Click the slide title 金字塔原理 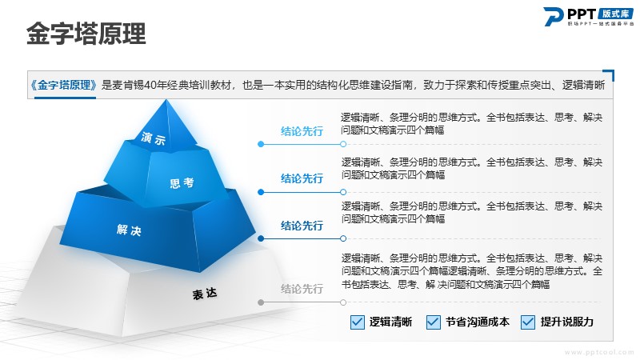pyautogui.click(x=86, y=33)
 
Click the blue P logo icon pyautogui.click(x=554, y=16)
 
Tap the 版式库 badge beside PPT pyautogui.click(x=615, y=14)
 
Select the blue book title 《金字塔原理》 pyautogui.click(x=64, y=85)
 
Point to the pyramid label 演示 pyautogui.click(x=154, y=138)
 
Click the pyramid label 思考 pyautogui.click(x=182, y=183)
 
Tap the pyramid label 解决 pyautogui.click(x=129, y=230)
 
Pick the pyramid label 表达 pyautogui.click(x=205, y=294)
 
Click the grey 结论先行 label pyautogui.click(x=302, y=289)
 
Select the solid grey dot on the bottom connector pyautogui.click(x=261, y=302)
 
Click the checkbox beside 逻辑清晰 pyautogui.click(x=357, y=322)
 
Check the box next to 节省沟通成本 pyautogui.click(x=433, y=322)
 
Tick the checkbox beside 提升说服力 pyautogui.click(x=528, y=322)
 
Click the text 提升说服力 pyautogui.click(x=566, y=322)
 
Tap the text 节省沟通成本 pyautogui.click(x=477, y=322)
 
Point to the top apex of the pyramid pyautogui.click(x=166, y=99)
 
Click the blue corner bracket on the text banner pyautogui.click(x=610, y=74)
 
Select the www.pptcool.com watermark pyautogui.click(x=598, y=352)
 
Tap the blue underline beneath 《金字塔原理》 pyautogui.click(x=65, y=98)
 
